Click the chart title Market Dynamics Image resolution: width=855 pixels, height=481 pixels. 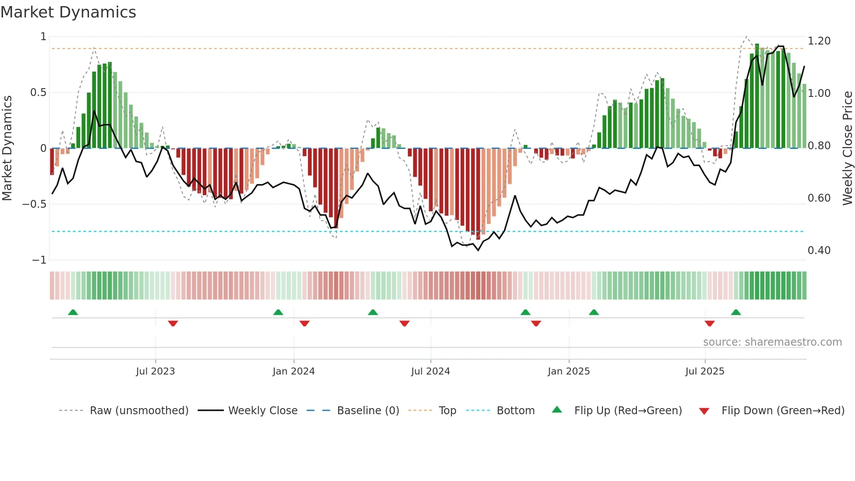click(x=68, y=12)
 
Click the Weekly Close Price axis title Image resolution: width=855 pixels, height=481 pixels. click(x=847, y=148)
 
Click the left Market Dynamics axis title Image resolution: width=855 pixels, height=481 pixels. click(x=7, y=148)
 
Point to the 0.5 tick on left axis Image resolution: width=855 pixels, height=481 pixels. click(x=38, y=93)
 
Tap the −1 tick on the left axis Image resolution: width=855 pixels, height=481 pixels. click(x=39, y=260)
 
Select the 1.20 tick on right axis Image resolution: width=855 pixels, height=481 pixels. click(x=819, y=41)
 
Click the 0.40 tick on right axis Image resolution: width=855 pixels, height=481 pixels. click(x=819, y=251)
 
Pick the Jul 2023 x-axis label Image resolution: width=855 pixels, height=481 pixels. click(x=155, y=371)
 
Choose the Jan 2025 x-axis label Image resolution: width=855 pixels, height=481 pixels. click(x=568, y=371)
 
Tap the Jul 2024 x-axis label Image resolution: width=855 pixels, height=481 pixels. click(x=430, y=371)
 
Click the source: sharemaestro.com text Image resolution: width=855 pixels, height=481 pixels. click(x=772, y=342)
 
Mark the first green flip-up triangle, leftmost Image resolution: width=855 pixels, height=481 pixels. click(x=73, y=313)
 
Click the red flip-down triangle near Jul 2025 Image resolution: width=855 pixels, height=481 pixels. click(x=709, y=323)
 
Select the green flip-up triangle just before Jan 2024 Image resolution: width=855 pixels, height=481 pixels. click(x=278, y=313)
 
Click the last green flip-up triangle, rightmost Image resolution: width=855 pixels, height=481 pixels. click(x=735, y=313)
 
